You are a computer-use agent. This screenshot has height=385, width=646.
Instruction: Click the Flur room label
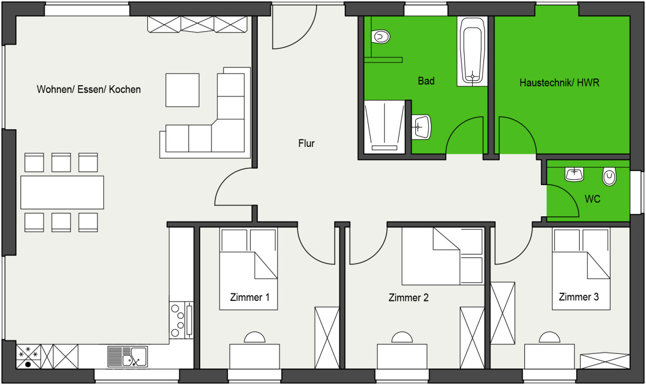(x=306, y=143)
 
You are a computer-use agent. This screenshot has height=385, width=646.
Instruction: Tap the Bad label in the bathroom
(x=426, y=81)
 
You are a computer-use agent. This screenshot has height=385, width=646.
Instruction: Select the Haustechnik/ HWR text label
(x=559, y=83)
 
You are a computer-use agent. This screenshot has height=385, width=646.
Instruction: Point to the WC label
(x=592, y=199)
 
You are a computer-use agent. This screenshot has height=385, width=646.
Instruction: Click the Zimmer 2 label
(x=408, y=297)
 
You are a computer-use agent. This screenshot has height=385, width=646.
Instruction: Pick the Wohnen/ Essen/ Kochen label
(x=89, y=89)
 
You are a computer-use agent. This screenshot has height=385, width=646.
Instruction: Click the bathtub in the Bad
(x=472, y=51)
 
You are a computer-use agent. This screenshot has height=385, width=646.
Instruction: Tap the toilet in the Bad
(x=381, y=36)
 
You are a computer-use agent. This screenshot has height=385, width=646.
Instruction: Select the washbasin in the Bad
(x=421, y=127)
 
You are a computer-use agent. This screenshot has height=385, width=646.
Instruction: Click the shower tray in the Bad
(x=385, y=126)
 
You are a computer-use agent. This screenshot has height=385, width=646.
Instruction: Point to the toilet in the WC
(x=610, y=176)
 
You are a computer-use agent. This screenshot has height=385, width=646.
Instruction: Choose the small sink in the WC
(x=574, y=174)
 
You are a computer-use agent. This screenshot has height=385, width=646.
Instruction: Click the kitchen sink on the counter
(x=127, y=357)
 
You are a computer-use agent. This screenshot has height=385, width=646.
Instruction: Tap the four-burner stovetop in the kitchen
(x=181, y=320)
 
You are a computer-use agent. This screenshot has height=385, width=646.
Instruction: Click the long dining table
(x=62, y=193)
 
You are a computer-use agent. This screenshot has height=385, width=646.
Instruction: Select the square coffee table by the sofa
(x=183, y=90)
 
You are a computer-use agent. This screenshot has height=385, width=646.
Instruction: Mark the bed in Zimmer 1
(x=248, y=269)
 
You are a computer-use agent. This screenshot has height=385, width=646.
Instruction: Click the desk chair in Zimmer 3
(x=549, y=337)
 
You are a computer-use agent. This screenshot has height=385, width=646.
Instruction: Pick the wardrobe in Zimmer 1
(x=327, y=337)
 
